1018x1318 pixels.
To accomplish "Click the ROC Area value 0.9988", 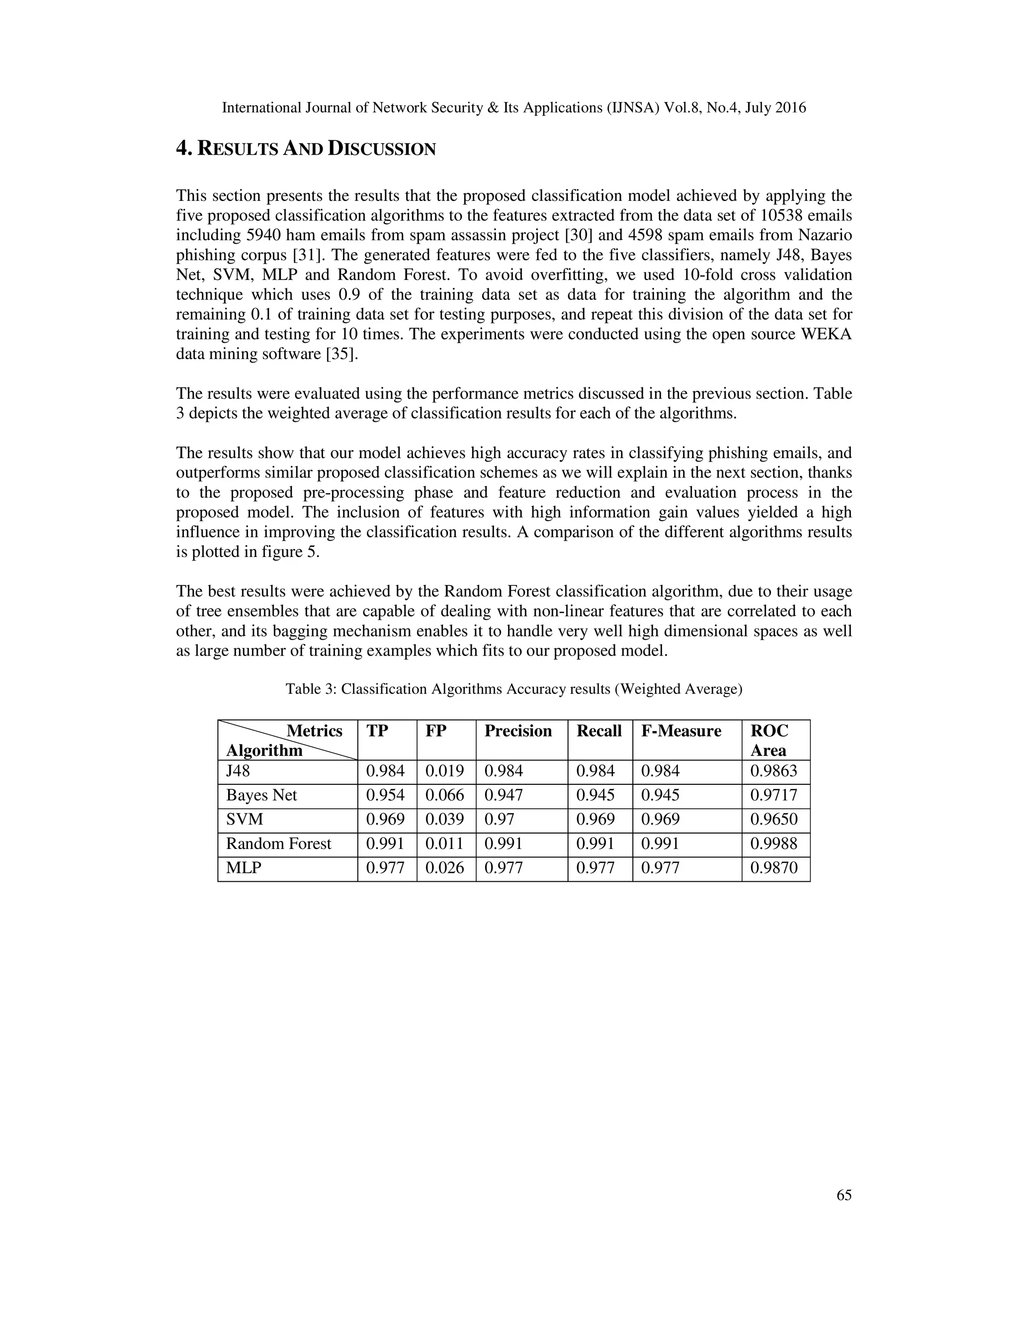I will click(774, 843).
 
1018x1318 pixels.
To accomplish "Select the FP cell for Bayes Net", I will click(444, 795).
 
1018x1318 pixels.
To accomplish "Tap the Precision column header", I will click(518, 731).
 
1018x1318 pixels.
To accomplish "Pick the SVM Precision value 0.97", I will click(499, 819).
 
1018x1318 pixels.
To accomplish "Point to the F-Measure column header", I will click(681, 731).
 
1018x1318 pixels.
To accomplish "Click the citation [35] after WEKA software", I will click(341, 354).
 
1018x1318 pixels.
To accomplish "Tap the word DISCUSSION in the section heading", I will click(381, 149).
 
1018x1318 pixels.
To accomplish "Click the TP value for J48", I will click(385, 770).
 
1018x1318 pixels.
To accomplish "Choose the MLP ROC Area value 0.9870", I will click(774, 867).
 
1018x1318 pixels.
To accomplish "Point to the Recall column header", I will click(599, 731).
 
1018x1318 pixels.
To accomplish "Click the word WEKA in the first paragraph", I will click(826, 334).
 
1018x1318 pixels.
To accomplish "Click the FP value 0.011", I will click(444, 843).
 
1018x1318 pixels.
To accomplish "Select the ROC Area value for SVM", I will click(774, 819).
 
